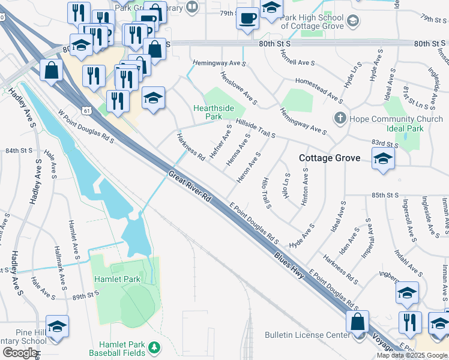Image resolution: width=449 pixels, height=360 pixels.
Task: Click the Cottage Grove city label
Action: pos(330,158)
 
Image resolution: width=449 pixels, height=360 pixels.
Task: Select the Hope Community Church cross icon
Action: pos(340,118)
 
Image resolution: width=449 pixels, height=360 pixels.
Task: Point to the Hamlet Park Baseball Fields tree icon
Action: pos(154,347)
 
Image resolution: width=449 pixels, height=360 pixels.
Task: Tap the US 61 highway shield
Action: pos(87,110)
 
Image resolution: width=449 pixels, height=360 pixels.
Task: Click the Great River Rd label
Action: pos(191,187)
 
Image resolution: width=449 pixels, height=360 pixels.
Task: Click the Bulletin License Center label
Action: pos(307,335)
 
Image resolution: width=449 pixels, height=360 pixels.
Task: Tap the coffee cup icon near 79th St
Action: pos(247,19)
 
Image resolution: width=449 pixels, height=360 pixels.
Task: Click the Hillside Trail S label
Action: pos(255,127)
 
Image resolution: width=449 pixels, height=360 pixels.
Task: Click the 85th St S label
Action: pos(385,195)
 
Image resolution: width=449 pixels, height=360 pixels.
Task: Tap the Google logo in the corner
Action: pos(19,352)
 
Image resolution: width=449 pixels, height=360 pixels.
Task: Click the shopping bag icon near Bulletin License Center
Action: pos(358,320)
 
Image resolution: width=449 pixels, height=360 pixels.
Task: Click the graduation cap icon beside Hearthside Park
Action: pos(154,97)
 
